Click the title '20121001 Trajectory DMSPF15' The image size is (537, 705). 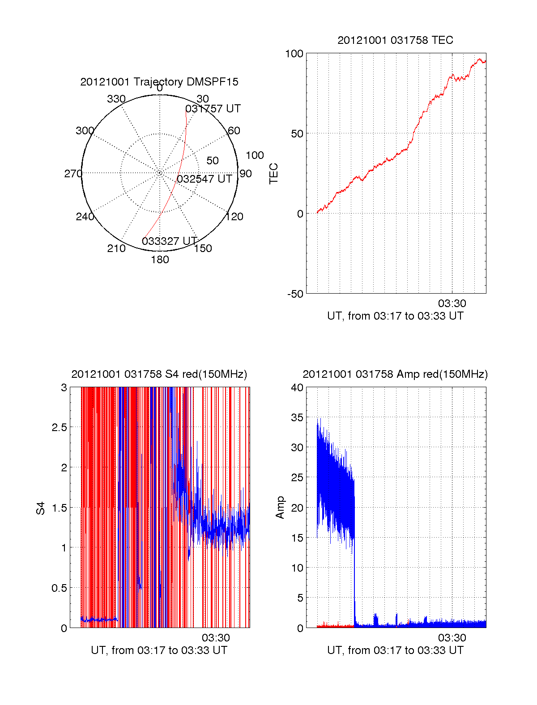[x=159, y=82]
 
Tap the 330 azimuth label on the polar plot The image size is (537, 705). [x=116, y=99]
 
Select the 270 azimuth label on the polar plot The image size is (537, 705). [x=73, y=174]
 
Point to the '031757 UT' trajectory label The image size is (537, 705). [x=213, y=109]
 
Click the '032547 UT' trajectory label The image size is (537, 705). [x=205, y=179]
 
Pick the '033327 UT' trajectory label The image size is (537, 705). [x=170, y=241]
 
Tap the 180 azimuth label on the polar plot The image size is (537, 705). [x=160, y=260]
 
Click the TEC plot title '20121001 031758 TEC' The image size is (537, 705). [x=395, y=40]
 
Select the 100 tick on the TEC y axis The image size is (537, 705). [x=294, y=54]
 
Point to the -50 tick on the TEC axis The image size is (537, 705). [x=295, y=294]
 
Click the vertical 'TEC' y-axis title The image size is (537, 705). [x=273, y=174]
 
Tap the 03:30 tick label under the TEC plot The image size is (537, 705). [x=452, y=303]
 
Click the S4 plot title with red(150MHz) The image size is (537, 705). [x=159, y=374]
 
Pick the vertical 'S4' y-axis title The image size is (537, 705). [x=41, y=508]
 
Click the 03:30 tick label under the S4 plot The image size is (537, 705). [x=216, y=638]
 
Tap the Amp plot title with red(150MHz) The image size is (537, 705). [x=395, y=374]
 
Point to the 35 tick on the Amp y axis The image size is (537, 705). [x=297, y=418]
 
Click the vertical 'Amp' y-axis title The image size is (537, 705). [x=280, y=508]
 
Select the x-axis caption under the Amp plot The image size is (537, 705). [x=395, y=650]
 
